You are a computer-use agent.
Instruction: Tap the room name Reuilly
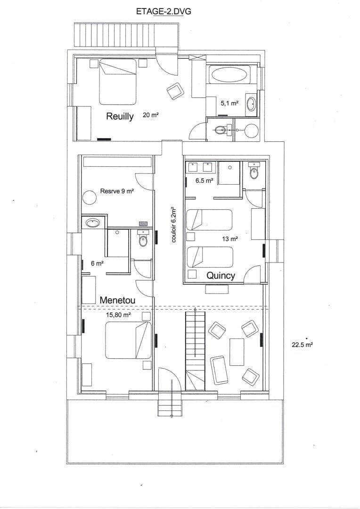click(120, 116)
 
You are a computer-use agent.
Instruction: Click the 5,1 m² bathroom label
click(229, 102)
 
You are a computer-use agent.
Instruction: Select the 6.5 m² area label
click(204, 180)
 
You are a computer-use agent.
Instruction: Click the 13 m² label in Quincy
click(229, 239)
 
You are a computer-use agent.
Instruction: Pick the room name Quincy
click(221, 276)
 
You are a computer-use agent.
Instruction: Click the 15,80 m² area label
click(118, 315)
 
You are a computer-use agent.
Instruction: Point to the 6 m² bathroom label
click(97, 263)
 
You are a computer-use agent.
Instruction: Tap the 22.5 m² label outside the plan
click(303, 345)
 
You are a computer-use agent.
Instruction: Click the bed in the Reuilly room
click(117, 82)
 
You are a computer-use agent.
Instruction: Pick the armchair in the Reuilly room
click(176, 91)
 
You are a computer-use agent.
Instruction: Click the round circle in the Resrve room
click(89, 197)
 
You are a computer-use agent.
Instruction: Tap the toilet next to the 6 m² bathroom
click(143, 240)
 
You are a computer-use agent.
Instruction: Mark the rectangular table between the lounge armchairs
click(237, 352)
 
